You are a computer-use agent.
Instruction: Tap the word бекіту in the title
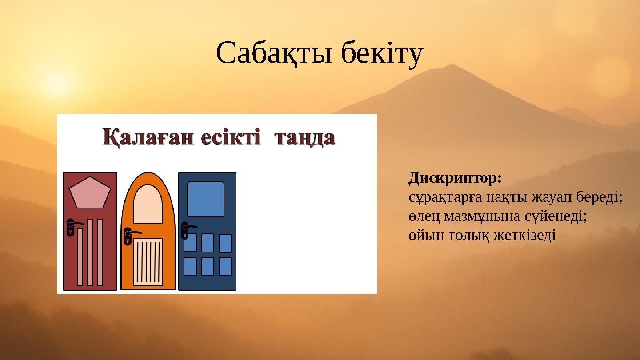[382, 54]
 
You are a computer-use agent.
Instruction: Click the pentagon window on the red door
[90, 193]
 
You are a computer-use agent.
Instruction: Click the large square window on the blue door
[206, 199]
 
